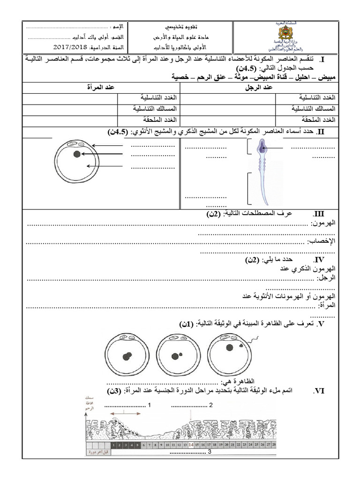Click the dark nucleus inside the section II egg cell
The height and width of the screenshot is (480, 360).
tap(76, 153)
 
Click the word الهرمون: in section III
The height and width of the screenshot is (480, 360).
tap(324, 224)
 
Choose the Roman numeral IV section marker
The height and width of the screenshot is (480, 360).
tap(319, 259)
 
